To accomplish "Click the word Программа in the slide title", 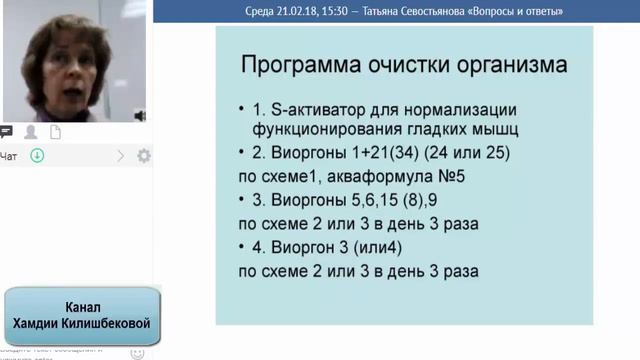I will pos(295,66).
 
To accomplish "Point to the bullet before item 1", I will pos(243,110).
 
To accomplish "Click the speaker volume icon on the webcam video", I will pos(140,114).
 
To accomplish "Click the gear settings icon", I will pos(144,156).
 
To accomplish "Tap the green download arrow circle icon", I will pos(37,155).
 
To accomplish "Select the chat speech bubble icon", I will pos(6,132).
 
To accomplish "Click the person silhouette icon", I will pos(31,132).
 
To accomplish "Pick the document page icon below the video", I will pos(55,132).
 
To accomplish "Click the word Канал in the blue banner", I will pos(81,307).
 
